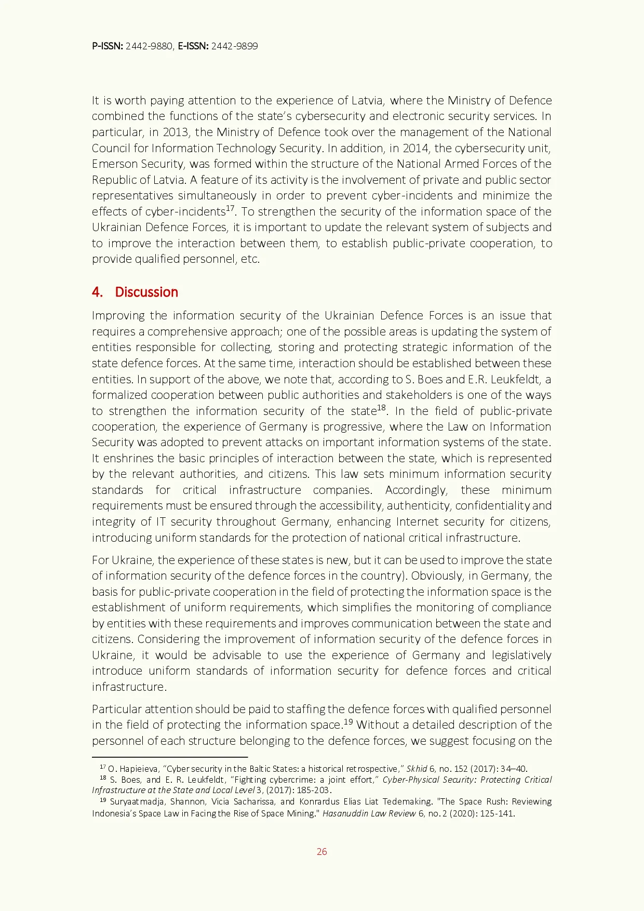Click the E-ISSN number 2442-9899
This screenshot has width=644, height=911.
point(234,46)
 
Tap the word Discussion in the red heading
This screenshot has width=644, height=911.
point(146,292)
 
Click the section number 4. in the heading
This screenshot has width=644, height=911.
point(97,292)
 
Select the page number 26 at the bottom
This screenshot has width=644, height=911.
point(321,851)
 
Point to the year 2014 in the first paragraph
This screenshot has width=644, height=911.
point(416,148)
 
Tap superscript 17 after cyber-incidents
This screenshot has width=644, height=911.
point(230,208)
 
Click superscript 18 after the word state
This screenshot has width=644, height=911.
point(381,408)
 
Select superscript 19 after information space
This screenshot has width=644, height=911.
point(348,721)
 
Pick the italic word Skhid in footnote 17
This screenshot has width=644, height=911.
point(417,769)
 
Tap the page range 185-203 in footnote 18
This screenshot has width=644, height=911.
point(313,790)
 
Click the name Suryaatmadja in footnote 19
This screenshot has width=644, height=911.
point(137,801)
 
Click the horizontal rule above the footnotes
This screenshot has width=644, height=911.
point(169,757)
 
